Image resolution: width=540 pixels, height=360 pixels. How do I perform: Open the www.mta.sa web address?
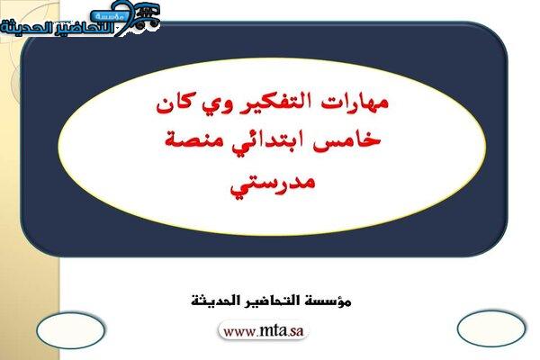pos(264,331)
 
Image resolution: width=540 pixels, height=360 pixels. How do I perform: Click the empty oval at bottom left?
pos(70,330)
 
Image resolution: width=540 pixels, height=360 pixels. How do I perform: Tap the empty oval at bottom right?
pos(491,328)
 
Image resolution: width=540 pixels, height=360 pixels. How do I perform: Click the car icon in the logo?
pos(147,16)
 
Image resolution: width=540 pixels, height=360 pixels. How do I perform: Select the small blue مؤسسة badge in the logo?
pos(109,16)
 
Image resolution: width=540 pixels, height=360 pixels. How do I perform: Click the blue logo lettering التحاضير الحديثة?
pos(58,28)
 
